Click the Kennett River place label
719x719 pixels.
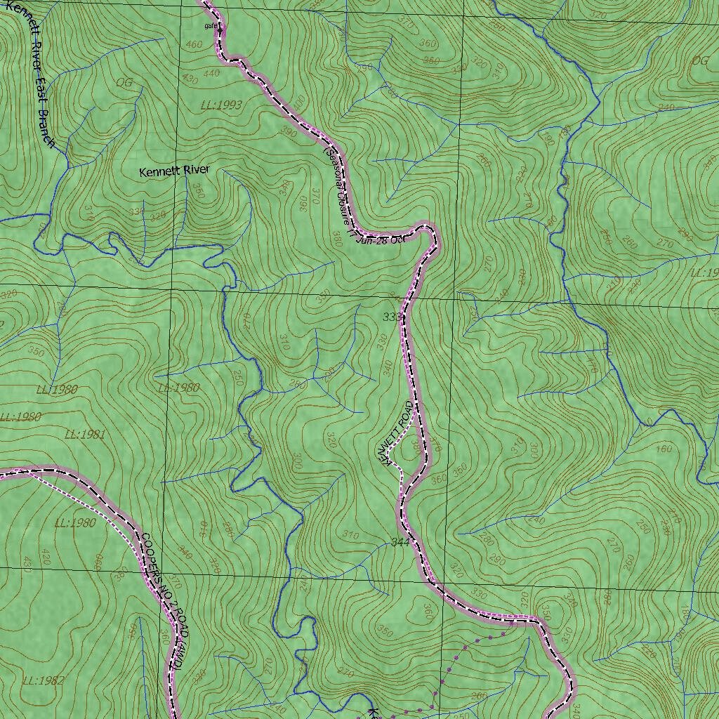174,171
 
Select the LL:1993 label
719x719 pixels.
220,105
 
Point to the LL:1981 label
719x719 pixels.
84,435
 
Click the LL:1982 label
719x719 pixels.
44,680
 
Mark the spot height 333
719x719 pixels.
392,317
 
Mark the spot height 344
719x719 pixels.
399,543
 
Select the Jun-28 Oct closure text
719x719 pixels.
382,239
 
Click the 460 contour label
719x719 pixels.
194,45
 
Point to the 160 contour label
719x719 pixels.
663,449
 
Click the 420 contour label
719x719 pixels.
47,559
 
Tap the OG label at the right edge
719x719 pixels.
700,60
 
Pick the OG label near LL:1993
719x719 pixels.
124,82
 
